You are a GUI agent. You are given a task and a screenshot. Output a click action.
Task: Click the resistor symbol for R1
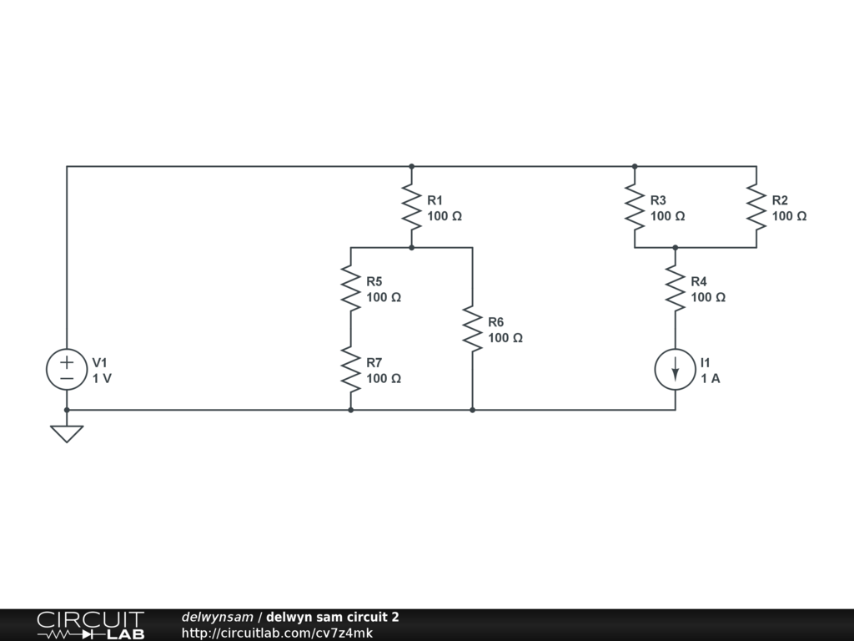pyautogui.click(x=411, y=207)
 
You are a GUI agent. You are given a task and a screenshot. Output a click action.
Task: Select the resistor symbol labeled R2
pyautogui.click(x=756, y=207)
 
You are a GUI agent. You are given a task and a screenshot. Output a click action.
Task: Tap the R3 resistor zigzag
pyautogui.click(x=635, y=207)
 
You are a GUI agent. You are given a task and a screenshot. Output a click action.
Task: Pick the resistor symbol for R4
pyautogui.click(x=675, y=288)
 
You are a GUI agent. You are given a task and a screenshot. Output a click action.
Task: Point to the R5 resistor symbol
pyautogui.click(x=350, y=288)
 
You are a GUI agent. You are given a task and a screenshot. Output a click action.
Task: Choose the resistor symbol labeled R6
pyautogui.click(x=472, y=329)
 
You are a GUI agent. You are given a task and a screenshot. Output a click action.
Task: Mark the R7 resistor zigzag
pyautogui.click(x=350, y=370)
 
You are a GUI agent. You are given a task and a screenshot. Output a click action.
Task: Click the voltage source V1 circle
pyautogui.click(x=67, y=370)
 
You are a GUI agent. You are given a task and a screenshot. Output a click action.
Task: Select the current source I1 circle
pyautogui.click(x=675, y=370)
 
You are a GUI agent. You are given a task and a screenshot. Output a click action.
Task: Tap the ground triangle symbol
pyautogui.click(x=67, y=433)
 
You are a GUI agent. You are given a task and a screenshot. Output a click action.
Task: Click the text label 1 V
pyautogui.click(x=102, y=378)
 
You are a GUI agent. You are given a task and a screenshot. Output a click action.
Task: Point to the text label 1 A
pyautogui.click(x=711, y=378)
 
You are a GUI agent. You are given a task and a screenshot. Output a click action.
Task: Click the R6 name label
pyautogui.click(x=496, y=322)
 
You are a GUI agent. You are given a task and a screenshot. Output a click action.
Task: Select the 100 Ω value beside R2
pyautogui.click(x=789, y=216)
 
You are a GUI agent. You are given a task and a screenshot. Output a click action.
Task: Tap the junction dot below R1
pyautogui.click(x=411, y=248)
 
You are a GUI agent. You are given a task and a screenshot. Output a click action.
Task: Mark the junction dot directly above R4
pyautogui.click(x=675, y=248)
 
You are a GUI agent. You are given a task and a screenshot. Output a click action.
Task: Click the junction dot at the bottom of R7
pyautogui.click(x=350, y=410)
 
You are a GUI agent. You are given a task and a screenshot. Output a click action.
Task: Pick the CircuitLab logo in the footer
pyautogui.click(x=90, y=625)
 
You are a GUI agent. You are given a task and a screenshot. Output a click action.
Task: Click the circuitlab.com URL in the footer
pyautogui.click(x=277, y=633)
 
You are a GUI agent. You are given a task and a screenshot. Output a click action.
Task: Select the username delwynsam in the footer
pyautogui.click(x=217, y=618)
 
